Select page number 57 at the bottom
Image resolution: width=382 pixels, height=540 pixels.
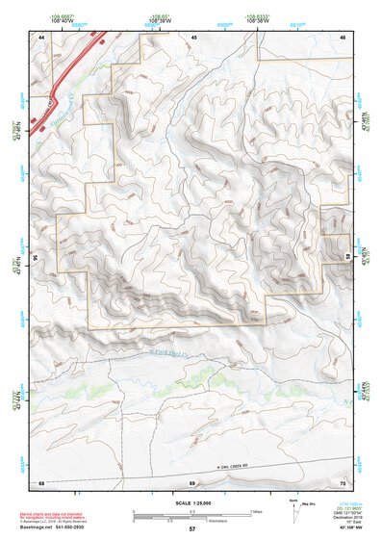point(191,529)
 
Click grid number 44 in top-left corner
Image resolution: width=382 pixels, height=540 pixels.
point(41,37)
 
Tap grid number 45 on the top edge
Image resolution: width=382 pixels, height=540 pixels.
point(193,37)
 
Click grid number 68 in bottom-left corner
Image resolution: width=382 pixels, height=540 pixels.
point(41,482)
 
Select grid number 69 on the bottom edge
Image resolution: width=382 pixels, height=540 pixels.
point(192,482)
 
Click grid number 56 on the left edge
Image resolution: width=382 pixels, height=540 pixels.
point(38,258)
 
